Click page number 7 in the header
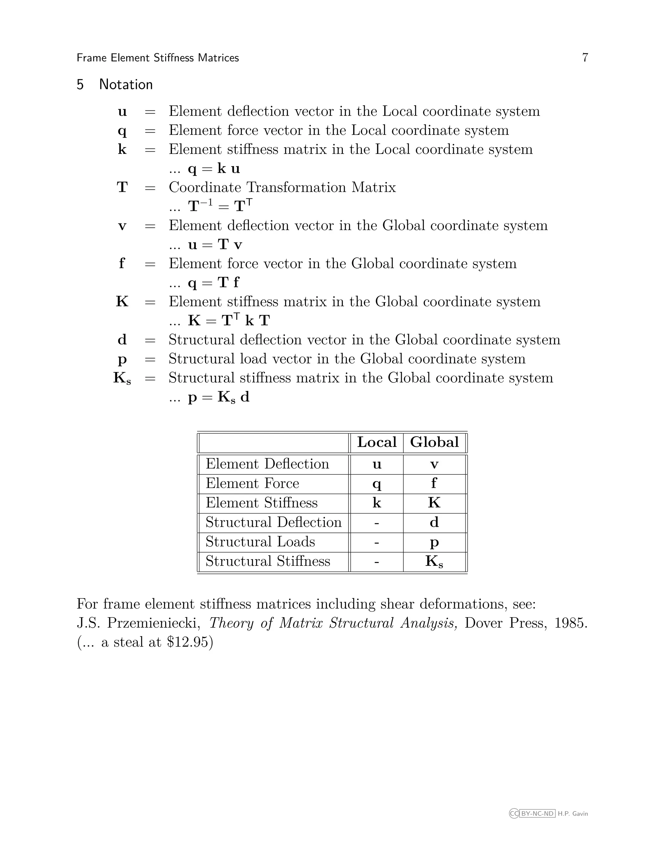click(x=585, y=58)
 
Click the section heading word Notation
click(x=126, y=85)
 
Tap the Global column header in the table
click(x=434, y=442)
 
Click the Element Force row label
click(x=252, y=483)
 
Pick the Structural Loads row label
click(x=260, y=542)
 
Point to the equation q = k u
click(x=214, y=169)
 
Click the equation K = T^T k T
click(x=229, y=321)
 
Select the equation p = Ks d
click(x=218, y=397)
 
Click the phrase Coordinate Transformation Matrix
click(x=282, y=188)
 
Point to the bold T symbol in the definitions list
click(x=122, y=188)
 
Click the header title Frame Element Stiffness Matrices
click(x=157, y=58)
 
